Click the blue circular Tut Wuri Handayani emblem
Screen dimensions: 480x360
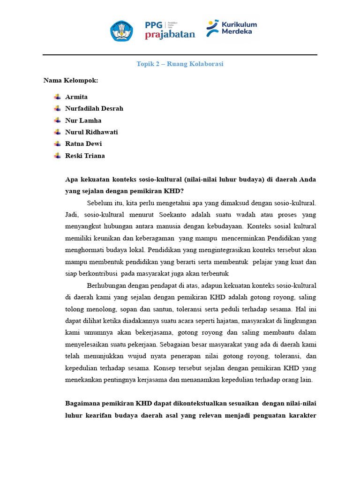pos(121,30)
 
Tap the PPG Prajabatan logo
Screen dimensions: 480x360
pos(170,30)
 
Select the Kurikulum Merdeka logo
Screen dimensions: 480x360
pos(232,28)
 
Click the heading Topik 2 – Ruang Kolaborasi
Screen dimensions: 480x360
pos(180,64)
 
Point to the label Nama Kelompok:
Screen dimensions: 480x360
pos(71,81)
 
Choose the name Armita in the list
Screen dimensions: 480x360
pos(76,97)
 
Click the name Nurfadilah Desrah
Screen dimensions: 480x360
pos(94,109)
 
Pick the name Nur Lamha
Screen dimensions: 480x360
pos(83,120)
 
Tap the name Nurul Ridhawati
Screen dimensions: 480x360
pos(91,132)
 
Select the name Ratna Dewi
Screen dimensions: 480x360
pos(83,144)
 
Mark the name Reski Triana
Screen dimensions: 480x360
pos(85,156)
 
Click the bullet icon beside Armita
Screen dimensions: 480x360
pos(57,97)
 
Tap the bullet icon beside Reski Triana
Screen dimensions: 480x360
pos(57,156)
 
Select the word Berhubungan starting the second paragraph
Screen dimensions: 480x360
pos(105,285)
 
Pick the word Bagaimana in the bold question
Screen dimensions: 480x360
pos(82,404)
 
